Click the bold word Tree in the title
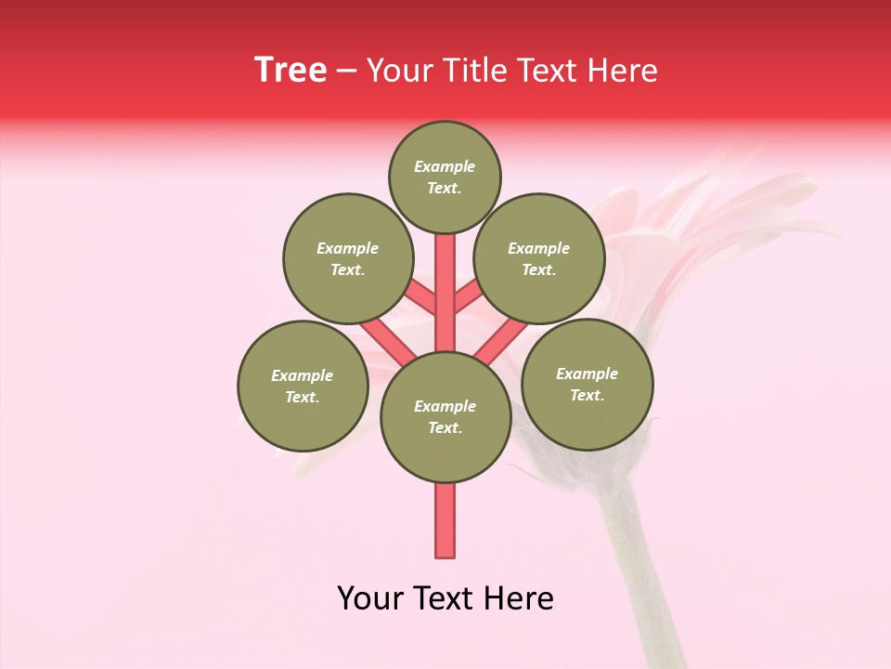coord(291,71)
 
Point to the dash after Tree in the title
coord(346,72)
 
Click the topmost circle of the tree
coord(445,177)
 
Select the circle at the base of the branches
coord(445,417)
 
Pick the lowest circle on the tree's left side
coord(303,386)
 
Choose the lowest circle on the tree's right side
coord(587,384)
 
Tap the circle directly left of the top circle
coord(347,258)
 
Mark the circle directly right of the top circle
coord(539,258)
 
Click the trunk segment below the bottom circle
coord(445,520)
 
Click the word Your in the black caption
coord(370,598)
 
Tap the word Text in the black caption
coord(447,598)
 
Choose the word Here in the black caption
coord(521,598)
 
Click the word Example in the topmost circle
coord(445,166)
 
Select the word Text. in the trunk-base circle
coord(445,427)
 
